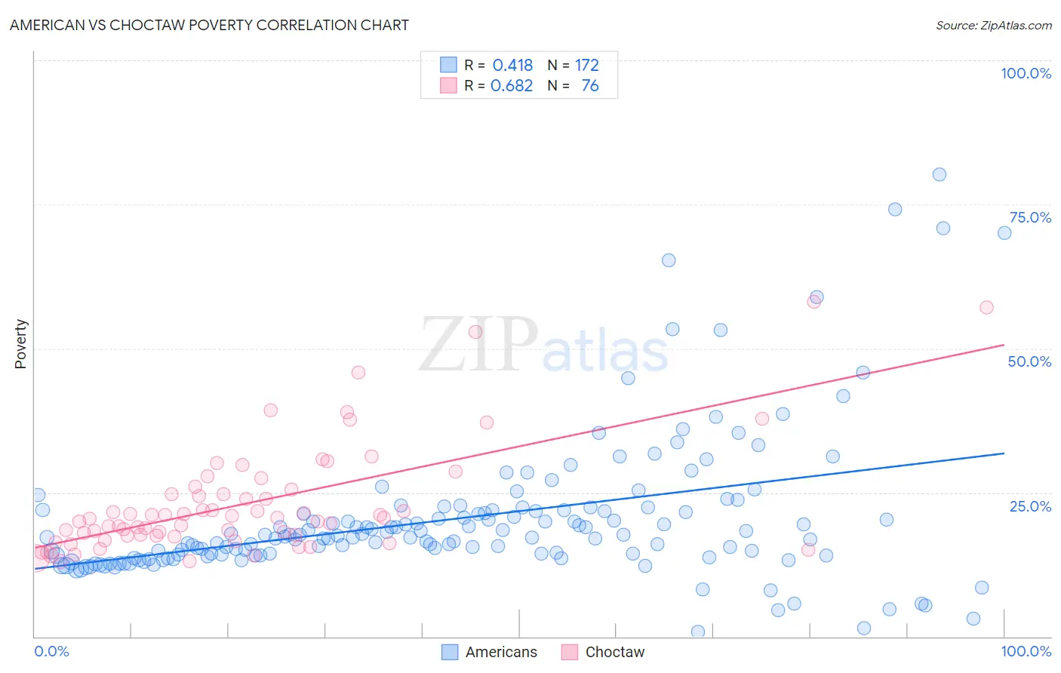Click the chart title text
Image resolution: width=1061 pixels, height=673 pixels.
click(x=209, y=25)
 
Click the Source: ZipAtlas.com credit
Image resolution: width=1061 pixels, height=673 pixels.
click(x=993, y=25)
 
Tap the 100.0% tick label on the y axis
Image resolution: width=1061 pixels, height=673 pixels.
click(x=1026, y=73)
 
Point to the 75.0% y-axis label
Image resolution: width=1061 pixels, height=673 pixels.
click(x=1030, y=217)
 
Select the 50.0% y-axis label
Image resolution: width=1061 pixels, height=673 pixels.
click(x=1029, y=361)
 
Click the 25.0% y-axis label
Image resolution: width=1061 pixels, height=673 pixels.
click(x=1030, y=506)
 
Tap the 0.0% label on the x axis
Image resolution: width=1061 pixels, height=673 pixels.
click(x=52, y=651)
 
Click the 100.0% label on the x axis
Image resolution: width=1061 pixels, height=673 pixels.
click(x=1026, y=651)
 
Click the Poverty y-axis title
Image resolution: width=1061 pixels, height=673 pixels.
click(x=20, y=343)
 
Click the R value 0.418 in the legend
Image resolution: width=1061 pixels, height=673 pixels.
click(x=512, y=65)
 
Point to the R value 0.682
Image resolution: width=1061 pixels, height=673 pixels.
click(x=512, y=85)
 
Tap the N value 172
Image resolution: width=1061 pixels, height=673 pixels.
click(x=587, y=65)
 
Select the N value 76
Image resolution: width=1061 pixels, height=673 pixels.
click(x=589, y=85)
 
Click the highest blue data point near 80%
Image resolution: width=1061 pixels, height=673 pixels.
click(x=939, y=174)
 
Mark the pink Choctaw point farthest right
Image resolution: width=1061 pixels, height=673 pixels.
click(x=986, y=307)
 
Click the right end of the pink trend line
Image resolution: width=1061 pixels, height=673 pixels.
click(x=1004, y=345)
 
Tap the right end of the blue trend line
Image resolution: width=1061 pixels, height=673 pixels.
click(x=1004, y=453)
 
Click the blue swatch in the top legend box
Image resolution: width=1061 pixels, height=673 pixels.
click(x=448, y=65)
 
